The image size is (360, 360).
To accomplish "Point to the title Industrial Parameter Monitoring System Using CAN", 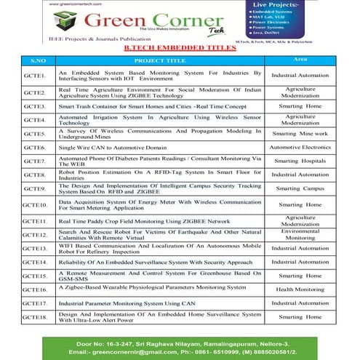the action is coord(128,303).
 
